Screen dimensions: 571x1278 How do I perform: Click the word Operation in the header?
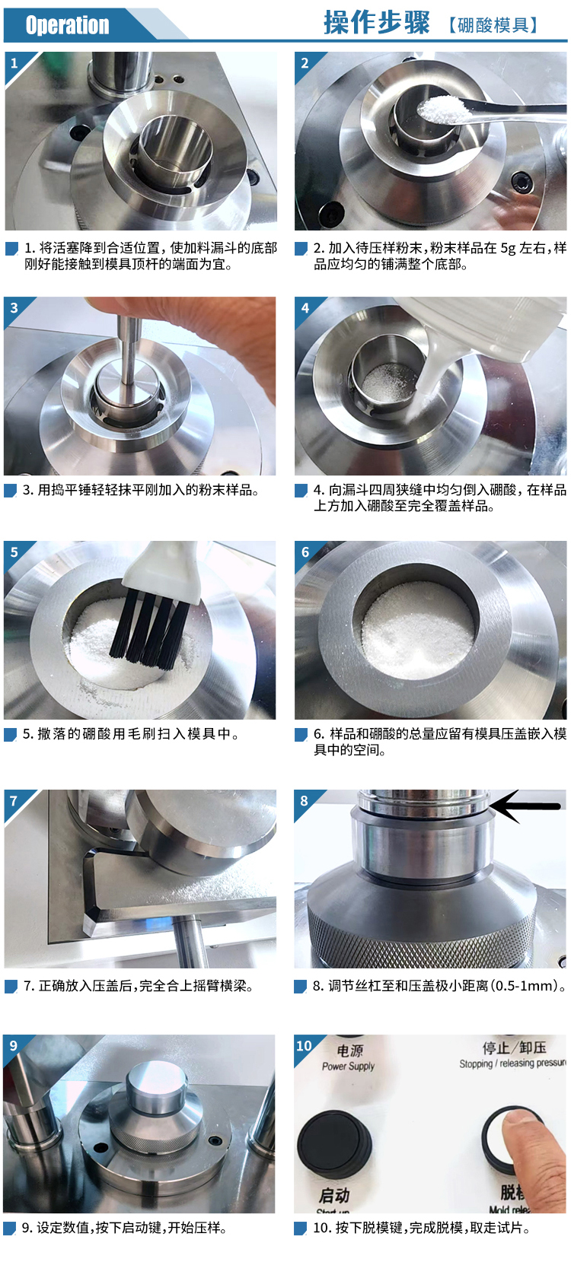[x=67, y=25]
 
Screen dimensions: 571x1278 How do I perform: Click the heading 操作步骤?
[x=377, y=24]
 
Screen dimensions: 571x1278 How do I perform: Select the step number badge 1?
[x=14, y=62]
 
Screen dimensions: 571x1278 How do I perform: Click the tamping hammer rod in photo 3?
[x=129, y=349]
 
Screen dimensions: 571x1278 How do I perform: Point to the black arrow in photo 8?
[x=525, y=806]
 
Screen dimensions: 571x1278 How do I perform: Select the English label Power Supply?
[x=349, y=1067]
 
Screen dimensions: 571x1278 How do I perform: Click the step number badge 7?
[x=14, y=801]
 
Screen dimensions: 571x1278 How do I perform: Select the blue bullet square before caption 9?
[x=10, y=1229]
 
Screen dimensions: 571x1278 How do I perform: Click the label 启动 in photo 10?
[x=334, y=1194]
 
